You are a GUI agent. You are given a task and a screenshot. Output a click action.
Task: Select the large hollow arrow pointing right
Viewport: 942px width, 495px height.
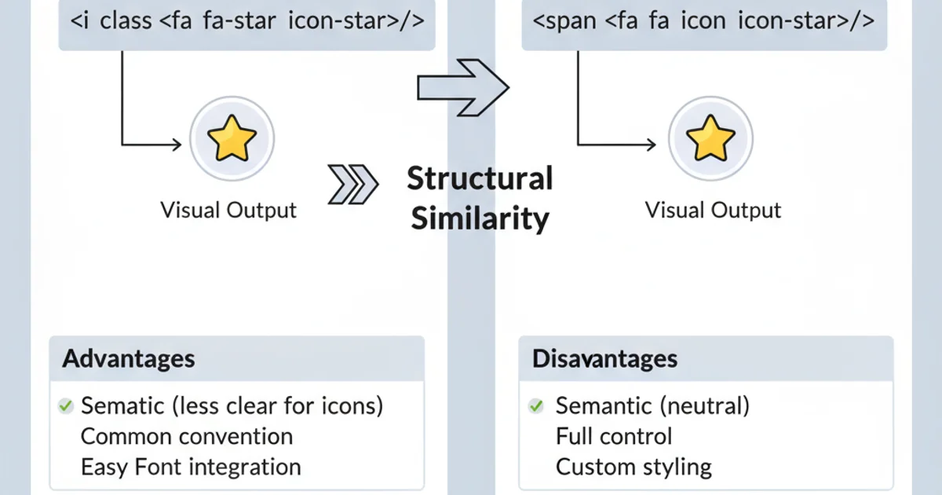point(462,87)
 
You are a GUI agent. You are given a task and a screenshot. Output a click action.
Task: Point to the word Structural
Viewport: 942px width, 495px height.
point(480,178)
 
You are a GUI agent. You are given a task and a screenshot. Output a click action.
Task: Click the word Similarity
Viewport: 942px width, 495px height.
point(480,218)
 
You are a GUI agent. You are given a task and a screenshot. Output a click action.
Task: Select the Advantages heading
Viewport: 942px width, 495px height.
point(128,359)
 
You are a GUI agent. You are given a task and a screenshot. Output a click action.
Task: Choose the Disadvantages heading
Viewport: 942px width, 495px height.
point(604,359)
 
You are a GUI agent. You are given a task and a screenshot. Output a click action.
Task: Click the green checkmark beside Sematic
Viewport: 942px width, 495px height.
point(65,406)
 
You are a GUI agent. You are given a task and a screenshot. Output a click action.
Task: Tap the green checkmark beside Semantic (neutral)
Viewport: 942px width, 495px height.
point(536,406)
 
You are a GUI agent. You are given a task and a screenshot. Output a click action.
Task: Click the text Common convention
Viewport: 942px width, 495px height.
point(187,436)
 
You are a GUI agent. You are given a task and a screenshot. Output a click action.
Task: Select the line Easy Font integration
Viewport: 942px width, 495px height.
point(191,467)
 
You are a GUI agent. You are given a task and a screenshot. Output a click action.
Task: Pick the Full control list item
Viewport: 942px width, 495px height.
point(614,436)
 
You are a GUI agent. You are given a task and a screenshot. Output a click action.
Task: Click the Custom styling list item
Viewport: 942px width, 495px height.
point(633,467)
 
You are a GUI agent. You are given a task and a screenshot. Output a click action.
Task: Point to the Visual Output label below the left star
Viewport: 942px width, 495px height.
point(228,210)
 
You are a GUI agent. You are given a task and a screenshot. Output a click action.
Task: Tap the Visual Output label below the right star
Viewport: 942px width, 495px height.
point(713,210)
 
